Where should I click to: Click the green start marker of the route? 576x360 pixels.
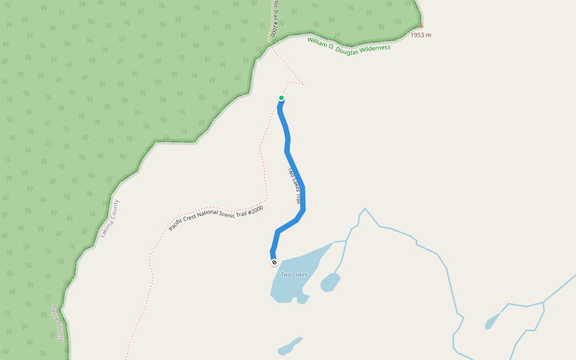(x=281, y=98)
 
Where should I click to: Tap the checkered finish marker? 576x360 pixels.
(x=274, y=262)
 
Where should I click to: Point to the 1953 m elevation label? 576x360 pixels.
(x=421, y=35)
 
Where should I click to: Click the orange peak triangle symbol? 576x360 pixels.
(x=421, y=26)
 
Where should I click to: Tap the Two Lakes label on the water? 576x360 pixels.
(x=294, y=275)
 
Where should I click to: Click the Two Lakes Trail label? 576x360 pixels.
(x=294, y=186)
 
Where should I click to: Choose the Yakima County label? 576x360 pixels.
(x=110, y=218)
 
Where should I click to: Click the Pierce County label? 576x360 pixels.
(x=58, y=323)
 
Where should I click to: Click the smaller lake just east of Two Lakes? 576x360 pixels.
(x=330, y=281)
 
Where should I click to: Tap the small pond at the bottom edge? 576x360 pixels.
(x=289, y=347)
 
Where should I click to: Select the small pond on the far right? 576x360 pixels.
(x=492, y=322)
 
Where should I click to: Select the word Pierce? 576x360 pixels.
(x=55, y=315)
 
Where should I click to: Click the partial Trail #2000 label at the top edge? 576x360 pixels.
(x=274, y=18)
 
